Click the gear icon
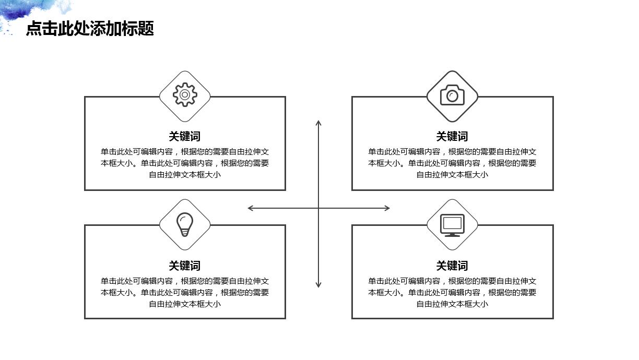point(185,95)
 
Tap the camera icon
point(452,95)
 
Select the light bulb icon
point(185,224)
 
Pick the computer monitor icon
point(452,224)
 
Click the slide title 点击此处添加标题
point(90,29)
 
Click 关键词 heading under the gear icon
point(185,136)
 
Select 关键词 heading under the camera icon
point(452,136)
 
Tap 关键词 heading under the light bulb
point(185,266)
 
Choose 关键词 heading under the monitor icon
point(452,266)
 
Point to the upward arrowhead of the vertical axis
point(318,123)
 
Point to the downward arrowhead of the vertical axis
point(318,285)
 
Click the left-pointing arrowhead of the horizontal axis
point(250,208)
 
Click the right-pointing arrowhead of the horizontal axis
point(387,208)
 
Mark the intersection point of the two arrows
point(318,208)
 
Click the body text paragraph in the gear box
point(185,163)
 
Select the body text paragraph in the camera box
point(452,163)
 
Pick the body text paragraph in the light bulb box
point(185,293)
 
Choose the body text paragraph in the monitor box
point(452,293)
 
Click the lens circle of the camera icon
point(453,97)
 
